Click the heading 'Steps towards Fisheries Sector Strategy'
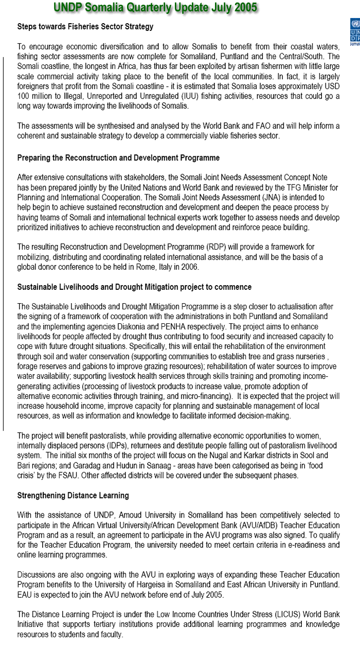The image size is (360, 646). coord(85,26)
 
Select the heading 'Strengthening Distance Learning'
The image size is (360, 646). coord(73,495)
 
